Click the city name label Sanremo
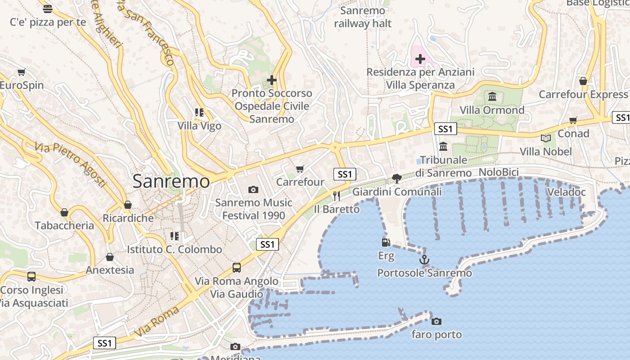click(x=171, y=181)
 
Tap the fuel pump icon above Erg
click(x=386, y=243)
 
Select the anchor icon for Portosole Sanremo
click(x=424, y=260)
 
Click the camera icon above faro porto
click(x=436, y=321)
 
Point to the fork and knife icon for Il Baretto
click(x=336, y=196)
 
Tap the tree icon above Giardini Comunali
click(x=396, y=179)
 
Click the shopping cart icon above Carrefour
click(x=300, y=169)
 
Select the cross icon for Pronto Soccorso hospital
click(x=271, y=80)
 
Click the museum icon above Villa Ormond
click(x=492, y=96)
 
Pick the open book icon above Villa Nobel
click(x=545, y=138)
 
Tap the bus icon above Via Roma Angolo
click(x=237, y=268)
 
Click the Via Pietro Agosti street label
click(x=71, y=165)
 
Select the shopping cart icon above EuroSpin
click(x=21, y=72)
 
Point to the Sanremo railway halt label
click(x=363, y=17)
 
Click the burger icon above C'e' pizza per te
click(x=48, y=9)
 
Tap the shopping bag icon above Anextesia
click(x=110, y=257)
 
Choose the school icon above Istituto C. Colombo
click(x=174, y=236)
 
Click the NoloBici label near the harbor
click(x=499, y=172)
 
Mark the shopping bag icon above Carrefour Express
click(x=583, y=81)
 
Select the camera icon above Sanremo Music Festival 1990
click(x=253, y=189)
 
